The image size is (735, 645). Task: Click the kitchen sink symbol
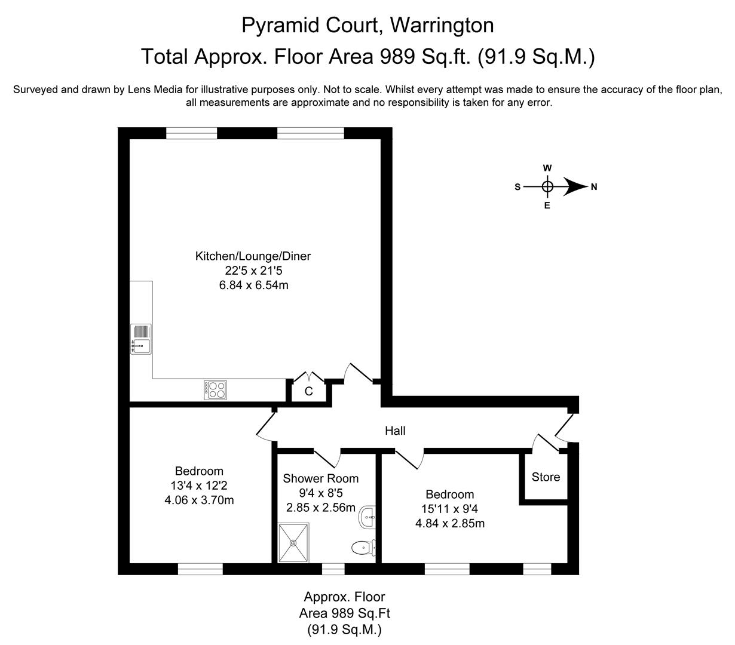pos(141,339)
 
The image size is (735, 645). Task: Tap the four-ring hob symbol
pos(216,390)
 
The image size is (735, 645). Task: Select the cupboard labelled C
pos(309,392)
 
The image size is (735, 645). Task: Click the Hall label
pos(395,431)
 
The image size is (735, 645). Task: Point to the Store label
pos(546,477)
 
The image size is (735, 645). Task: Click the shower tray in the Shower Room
pos(294,543)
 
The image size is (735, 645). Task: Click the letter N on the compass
pos(594,187)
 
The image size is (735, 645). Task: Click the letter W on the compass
pos(547,168)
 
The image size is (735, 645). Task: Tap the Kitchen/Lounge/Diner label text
pos(253,256)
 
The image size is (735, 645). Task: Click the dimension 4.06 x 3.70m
pos(199,500)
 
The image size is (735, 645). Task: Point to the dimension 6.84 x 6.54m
pos(253,285)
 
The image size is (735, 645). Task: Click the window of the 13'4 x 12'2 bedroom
pos(200,569)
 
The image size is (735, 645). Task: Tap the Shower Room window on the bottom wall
pos(333,569)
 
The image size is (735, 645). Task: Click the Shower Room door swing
pos(327,458)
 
